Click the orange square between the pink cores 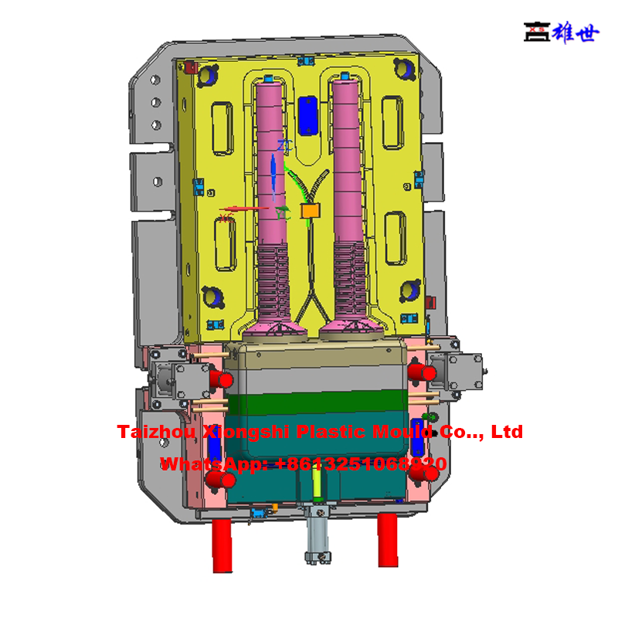(x=310, y=210)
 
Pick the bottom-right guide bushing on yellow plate (x=409, y=292)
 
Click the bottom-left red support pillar (x=222, y=544)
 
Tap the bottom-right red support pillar (x=388, y=541)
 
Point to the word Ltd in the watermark (x=507, y=431)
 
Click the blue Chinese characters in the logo (x=574, y=32)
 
